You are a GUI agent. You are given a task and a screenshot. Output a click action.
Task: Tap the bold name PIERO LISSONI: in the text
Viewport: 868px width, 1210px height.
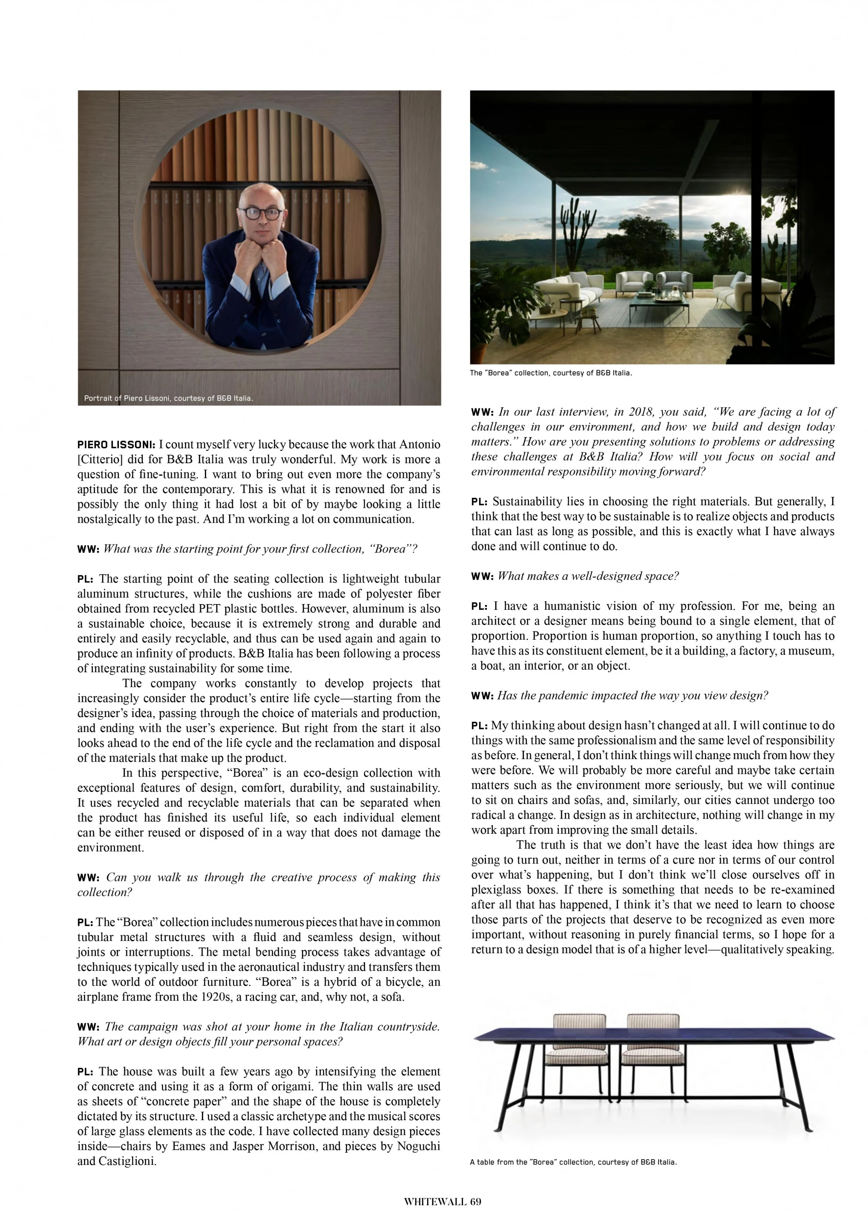click(x=116, y=445)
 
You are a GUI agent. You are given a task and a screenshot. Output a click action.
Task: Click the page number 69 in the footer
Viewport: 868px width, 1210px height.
click(x=475, y=1201)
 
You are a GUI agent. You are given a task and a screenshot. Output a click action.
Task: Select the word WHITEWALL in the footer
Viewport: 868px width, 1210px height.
click(x=434, y=1201)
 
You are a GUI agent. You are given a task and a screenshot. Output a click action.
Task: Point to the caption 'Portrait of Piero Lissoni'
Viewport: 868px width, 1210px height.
click(x=168, y=398)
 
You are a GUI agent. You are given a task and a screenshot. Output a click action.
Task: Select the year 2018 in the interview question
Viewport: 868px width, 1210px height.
click(x=641, y=412)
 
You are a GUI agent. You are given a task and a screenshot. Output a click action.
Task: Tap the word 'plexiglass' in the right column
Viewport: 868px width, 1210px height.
click(x=495, y=890)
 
